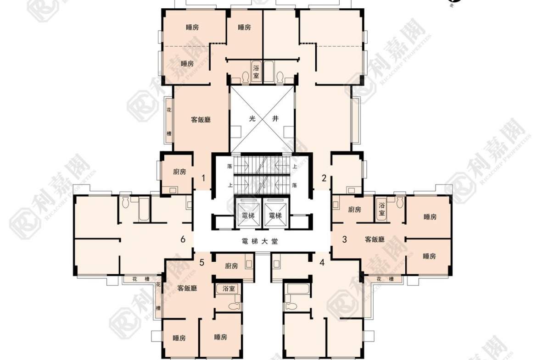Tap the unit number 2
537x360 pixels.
click(324, 178)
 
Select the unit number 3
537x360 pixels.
click(345, 239)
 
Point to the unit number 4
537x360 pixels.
click(322, 262)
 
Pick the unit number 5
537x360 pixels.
click(202, 263)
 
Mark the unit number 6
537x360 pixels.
click(183, 239)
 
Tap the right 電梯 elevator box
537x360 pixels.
click(275, 215)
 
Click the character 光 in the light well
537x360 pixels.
click(252, 118)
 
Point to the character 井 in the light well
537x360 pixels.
click(275, 118)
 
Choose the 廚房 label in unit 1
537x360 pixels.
click(179, 172)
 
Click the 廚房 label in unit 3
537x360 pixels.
click(354, 210)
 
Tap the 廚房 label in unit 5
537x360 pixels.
click(232, 266)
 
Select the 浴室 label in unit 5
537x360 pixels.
click(229, 289)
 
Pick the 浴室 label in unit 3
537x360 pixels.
click(381, 210)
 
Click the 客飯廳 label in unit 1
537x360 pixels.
click(201, 120)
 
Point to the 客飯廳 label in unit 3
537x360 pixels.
click(375, 239)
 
